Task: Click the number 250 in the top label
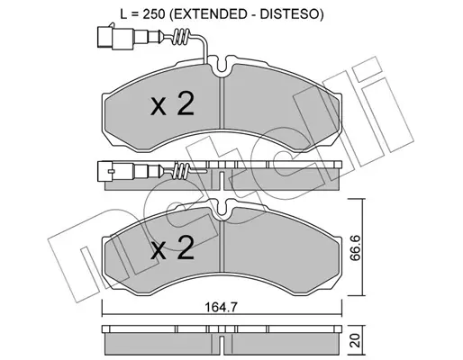154,14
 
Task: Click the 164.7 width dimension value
222,307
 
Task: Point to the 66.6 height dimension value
356,248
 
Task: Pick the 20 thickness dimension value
356,341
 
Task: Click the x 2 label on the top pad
172,103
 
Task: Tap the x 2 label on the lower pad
172,247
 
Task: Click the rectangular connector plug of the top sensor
115,37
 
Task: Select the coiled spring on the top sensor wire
180,37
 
